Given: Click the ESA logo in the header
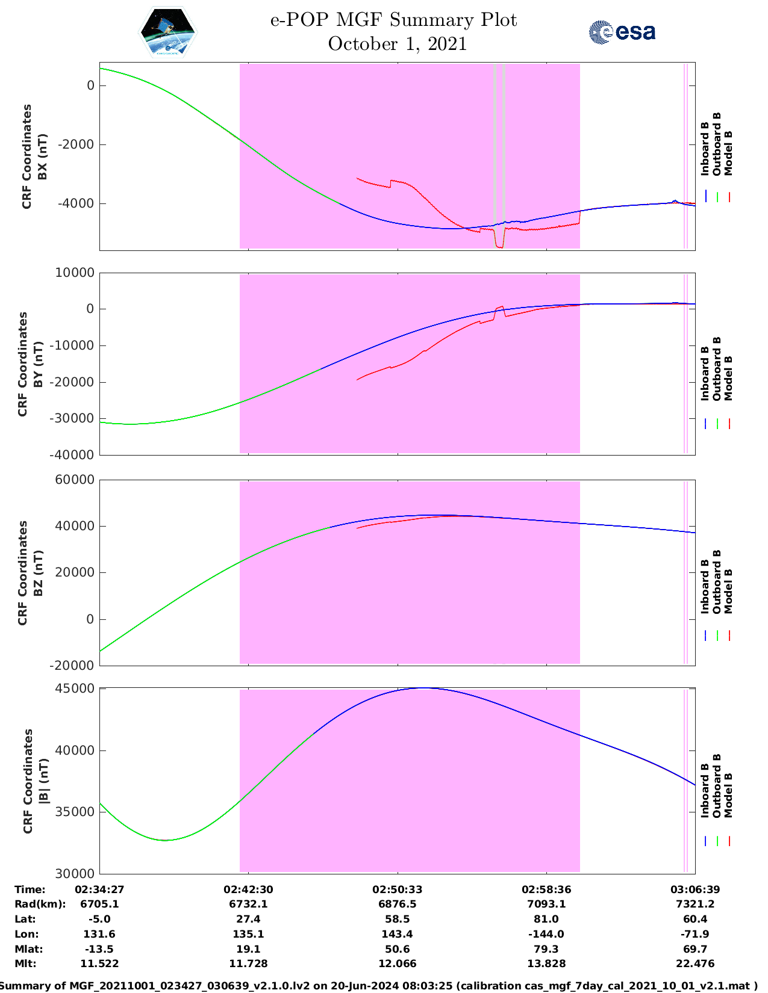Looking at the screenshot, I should pyautogui.click(x=622, y=32).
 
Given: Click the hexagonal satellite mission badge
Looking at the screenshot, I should pyautogui.click(x=167, y=33).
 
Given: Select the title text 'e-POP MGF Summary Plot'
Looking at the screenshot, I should pyautogui.click(x=393, y=20).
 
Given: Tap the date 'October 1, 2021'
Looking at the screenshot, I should pyautogui.click(x=397, y=44).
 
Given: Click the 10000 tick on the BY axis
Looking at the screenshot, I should pyautogui.click(x=75, y=273).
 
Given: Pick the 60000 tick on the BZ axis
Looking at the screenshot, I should pyautogui.click(x=75, y=480).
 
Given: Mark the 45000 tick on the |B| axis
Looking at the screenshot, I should pyautogui.click(x=75, y=688).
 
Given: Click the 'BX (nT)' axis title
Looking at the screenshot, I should pyautogui.click(x=43, y=157).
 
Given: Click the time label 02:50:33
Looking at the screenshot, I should pyautogui.click(x=397, y=889).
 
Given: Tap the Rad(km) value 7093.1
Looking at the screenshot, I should pyautogui.click(x=546, y=904).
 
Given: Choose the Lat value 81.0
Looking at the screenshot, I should pyautogui.click(x=546, y=919).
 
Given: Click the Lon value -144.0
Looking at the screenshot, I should pyautogui.click(x=546, y=934).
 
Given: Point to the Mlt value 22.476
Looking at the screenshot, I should pyautogui.click(x=695, y=964).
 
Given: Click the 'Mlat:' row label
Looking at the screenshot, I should pyautogui.click(x=25, y=949).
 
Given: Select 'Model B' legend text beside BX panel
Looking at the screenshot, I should pyautogui.click(x=728, y=153).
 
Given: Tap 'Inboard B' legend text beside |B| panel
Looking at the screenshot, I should pyautogui.click(x=705, y=789).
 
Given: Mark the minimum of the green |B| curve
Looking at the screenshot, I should pyautogui.click(x=166, y=840).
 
